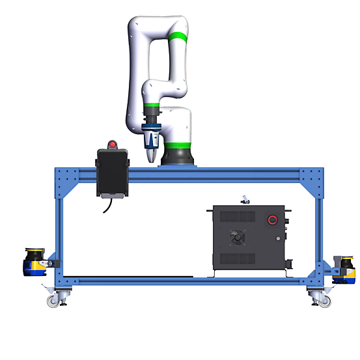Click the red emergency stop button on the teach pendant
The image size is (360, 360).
(x=113, y=144)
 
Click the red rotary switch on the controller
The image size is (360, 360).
(x=273, y=220)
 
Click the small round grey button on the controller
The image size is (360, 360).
(x=279, y=239)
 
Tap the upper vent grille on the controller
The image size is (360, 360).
(x=237, y=217)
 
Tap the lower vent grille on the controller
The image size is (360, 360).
(x=237, y=259)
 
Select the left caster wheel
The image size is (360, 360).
(x=53, y=301)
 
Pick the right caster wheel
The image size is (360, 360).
(x=324, y=300)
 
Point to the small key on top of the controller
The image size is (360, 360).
(x=245, y=199)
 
